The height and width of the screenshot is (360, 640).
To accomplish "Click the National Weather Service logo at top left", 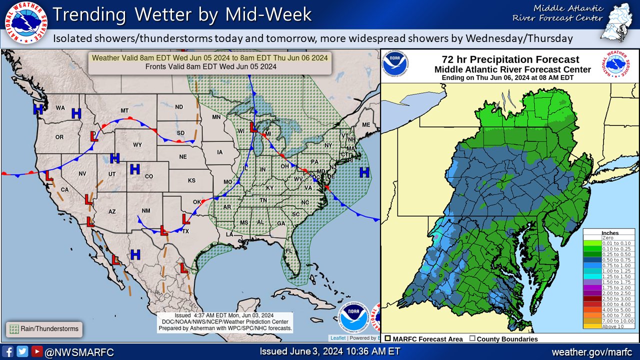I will tap(25, 24).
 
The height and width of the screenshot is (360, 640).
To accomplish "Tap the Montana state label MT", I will tap(125, 110).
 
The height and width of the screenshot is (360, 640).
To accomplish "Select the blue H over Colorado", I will tap(134, 169).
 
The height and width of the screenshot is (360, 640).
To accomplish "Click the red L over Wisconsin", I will tap(254, 128).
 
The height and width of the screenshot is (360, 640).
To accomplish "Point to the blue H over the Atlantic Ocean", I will tap(364, 173).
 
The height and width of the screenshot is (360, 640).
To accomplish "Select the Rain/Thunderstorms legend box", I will tap(44, 329).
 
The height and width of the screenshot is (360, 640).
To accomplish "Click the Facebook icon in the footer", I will tap(8, 351).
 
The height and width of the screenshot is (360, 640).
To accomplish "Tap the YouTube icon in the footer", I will tap(36, 351).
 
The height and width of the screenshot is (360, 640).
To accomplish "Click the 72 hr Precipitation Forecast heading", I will tap(510, 59).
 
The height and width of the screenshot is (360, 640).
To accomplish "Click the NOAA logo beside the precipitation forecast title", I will tap(395, 63).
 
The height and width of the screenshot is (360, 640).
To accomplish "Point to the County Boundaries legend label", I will tap(507, 339).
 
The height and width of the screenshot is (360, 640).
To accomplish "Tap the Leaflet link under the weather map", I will tap(337, 338).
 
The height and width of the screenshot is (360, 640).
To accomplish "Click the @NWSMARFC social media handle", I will tap(79, 352).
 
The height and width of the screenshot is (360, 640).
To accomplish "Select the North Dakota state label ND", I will tap(178, 106).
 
